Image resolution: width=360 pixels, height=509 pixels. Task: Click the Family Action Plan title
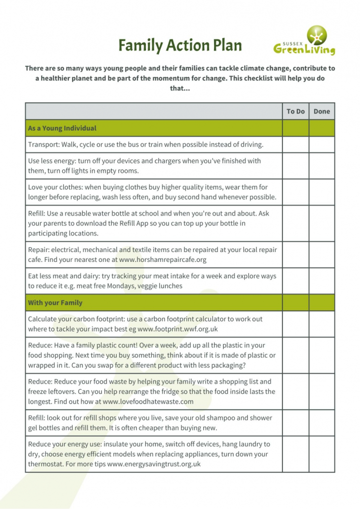180,45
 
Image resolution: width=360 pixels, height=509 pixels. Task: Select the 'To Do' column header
295,111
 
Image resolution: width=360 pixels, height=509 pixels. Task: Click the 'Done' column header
321,111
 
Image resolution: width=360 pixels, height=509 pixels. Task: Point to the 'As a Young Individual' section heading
62,128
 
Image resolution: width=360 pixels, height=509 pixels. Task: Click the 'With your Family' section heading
55,302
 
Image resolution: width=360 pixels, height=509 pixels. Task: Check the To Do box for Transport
295,144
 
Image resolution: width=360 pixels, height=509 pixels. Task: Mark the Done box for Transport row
321,144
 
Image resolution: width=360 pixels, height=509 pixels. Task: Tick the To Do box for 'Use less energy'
295,166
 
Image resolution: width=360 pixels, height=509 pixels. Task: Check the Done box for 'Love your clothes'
321,192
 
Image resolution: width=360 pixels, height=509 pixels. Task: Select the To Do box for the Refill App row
295,223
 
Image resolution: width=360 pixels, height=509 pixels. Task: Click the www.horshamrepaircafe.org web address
163,259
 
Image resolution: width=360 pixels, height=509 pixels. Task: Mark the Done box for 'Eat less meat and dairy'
321,281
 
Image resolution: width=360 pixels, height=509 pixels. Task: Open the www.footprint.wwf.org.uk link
178,328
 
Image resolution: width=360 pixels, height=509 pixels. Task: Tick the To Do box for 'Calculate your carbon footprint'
295,323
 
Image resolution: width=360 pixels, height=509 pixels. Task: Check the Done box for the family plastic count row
321,355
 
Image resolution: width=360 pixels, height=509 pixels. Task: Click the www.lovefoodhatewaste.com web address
148,401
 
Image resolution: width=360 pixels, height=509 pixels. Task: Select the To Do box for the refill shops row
295,423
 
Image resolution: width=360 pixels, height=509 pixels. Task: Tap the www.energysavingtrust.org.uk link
154,464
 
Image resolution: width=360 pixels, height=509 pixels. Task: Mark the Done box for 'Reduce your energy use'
321,454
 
